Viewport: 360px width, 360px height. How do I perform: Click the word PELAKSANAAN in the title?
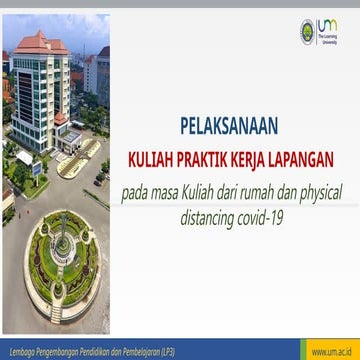229,127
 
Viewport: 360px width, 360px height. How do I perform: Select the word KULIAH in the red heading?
150,157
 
